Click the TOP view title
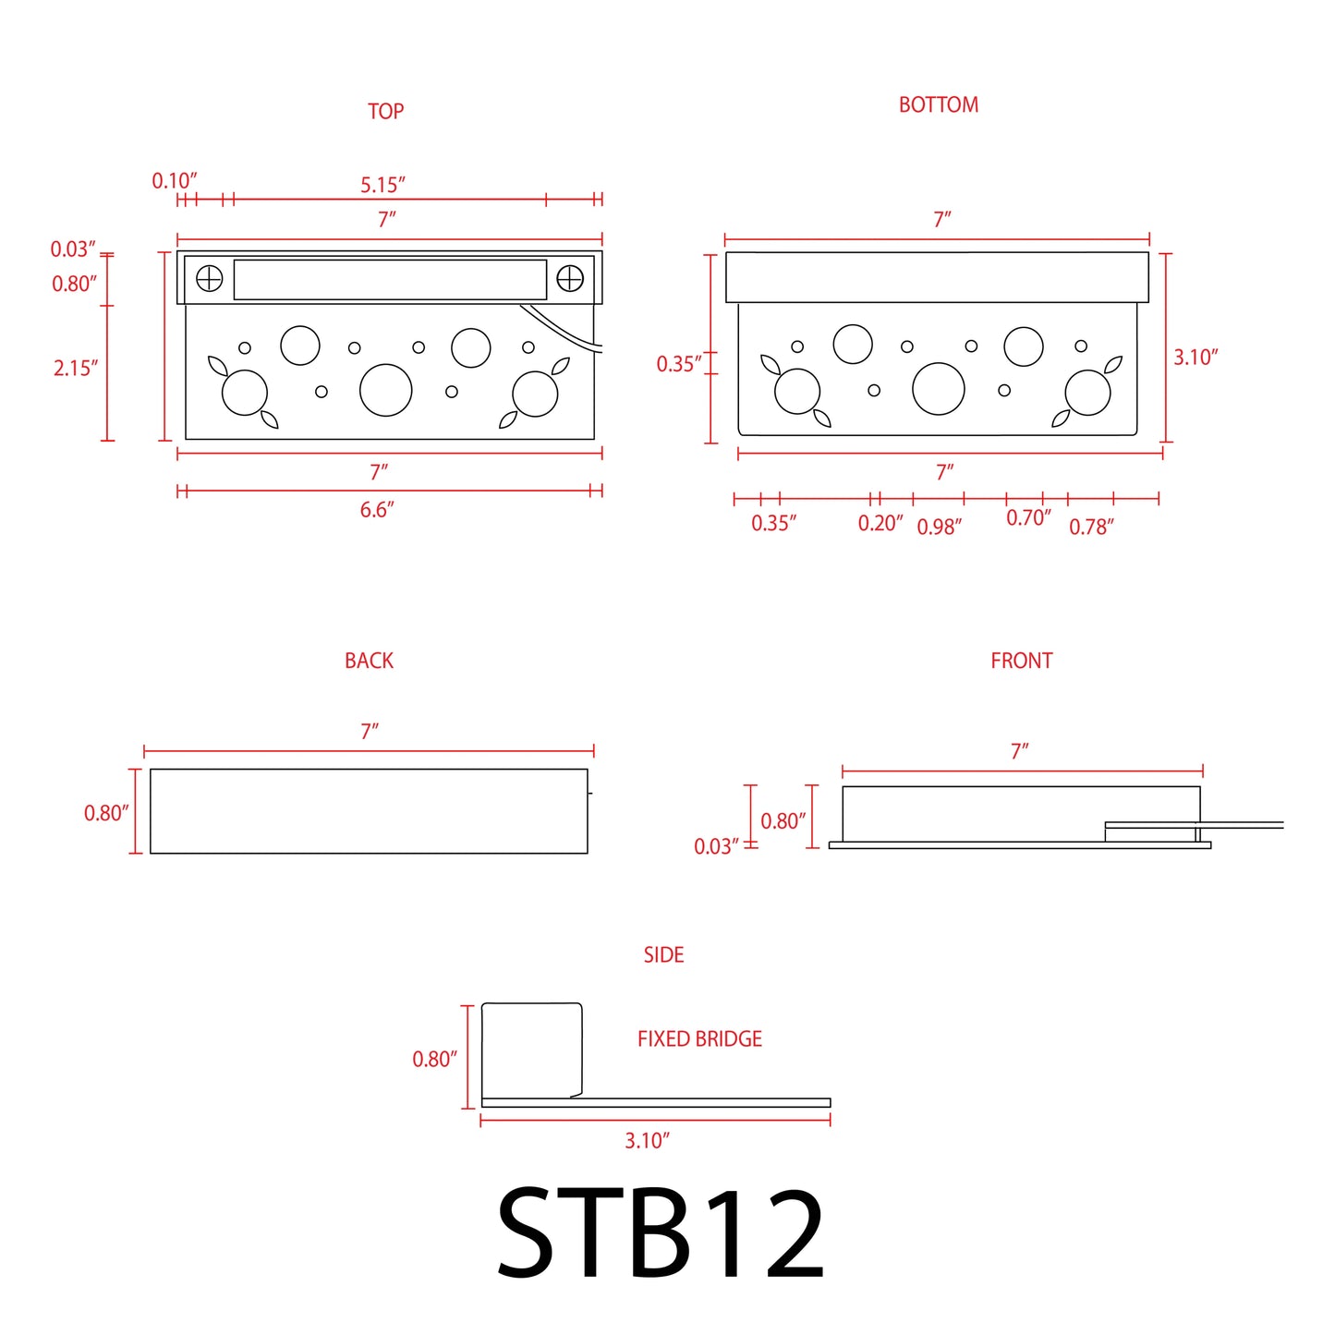click(x=385, y=111)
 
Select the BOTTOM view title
click(x=938, y=105)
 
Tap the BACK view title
click(x=369, y=661)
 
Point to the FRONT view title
click(x=1021, y=661)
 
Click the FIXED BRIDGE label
click(x=699, y=1038)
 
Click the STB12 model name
click(x=661, y=1234)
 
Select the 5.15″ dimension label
click(x=382, y=185)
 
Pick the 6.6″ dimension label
click(x=377, y=510)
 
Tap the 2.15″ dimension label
click(x=75, y=369)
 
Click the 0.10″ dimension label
click(x=175, y=181)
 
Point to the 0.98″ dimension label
click(x=939, y=527)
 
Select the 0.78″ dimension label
click(x=1091, y=527)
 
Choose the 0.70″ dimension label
click(x=1028, y=518)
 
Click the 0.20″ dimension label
click(x=880, y=524)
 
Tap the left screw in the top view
click(x=210, y=278)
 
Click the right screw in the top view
click(x=570, y=278)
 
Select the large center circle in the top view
click(x=385, y=390)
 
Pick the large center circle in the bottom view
click(x=938, y=389)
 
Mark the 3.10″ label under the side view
click(x=647, y=1141)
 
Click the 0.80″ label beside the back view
click(x=106, y=813)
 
